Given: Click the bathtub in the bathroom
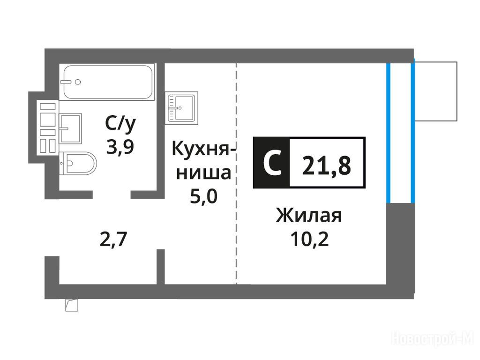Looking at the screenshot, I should pyautogui.click(x=107, y=82).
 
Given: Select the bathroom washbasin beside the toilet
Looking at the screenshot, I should pyautogui.click(x=71, y=128).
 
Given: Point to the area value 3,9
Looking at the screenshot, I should pyautogui.click(x=120, y=147).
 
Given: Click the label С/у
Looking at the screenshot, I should pyautogui.click(x=120, y=124).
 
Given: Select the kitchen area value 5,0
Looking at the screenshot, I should pyautogui.click(x=203, y=196).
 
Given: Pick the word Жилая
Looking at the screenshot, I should pyautogui.click(x=309, y=216).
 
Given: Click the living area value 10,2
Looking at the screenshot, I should pyautogui.click(x=309, y=240).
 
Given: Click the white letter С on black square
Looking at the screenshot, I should pyautogui.click(x=271, y=164).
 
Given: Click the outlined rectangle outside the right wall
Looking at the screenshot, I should pyautogui.click(x=435, y=91).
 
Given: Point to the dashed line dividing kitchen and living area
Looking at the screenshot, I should pyautogui.click(x=236, y=173).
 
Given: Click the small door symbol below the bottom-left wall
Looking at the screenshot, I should pyautogui.click(x=71, y=305).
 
